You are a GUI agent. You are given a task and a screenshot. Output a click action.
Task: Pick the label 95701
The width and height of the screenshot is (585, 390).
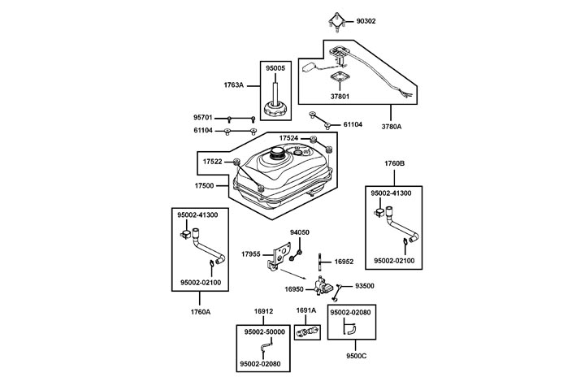pos(202,118)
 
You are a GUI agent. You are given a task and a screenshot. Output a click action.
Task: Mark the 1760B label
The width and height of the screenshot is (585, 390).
pos(395,163)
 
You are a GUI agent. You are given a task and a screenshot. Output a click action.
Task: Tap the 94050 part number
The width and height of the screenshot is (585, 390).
pos(300,232)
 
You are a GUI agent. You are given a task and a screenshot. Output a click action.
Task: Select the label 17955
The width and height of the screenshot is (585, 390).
pos(251,254)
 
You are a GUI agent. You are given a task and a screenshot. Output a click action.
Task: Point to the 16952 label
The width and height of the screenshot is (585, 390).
pos(345,262)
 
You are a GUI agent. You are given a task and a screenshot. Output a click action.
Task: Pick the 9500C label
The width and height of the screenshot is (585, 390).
pos(353,354)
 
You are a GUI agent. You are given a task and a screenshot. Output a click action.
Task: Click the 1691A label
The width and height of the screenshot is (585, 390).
pos(305,310)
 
